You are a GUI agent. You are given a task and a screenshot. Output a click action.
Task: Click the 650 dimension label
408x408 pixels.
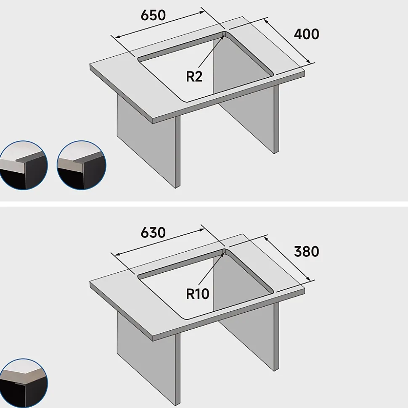tap(153, 15)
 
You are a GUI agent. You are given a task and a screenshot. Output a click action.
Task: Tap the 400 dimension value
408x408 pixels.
tap(306, 34)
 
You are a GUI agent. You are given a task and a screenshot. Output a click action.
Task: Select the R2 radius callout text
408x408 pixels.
tap(194, 76)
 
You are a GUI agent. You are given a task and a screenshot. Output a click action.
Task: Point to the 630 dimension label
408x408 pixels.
tap(153, 233)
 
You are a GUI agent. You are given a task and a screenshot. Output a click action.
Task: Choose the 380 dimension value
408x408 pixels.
tap(306, 252)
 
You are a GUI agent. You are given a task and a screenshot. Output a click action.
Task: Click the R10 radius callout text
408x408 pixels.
tap(197, 294)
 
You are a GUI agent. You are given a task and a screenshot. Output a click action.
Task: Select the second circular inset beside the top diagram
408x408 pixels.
tap(81, 165)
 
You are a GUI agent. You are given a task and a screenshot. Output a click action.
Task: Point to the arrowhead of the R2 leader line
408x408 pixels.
tap(223, 34)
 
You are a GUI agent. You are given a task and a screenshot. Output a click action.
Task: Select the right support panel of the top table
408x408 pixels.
tap(248, 113)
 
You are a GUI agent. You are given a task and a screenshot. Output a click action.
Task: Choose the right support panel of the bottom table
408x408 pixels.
tap(248, 332)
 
